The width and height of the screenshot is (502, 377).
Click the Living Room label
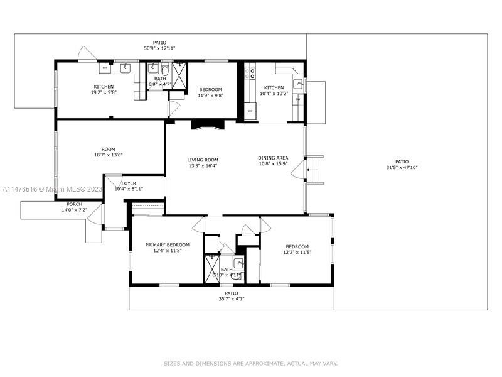pyautogui.click(x=203, y=160)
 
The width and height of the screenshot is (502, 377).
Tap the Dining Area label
pyautogui.click(x=274, y=158)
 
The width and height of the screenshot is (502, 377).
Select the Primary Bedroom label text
pyautogui.click(x=168, y=245)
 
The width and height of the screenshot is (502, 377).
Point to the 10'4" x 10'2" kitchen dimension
pyautogui.click(x=274, y=94)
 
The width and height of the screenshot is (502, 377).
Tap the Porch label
pyautogui.click(x=74, y=204)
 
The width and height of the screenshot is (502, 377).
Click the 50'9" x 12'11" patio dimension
pyautogui.click(x=159, y=48)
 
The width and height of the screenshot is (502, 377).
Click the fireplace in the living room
pyautogui.click(x=207, y=124)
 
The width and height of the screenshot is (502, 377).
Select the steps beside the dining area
pyautogui.click(x=314, y=168)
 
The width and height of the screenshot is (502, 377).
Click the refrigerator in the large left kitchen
pyautogui.click(x=105, y=67)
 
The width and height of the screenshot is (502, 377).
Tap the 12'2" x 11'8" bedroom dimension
pyautogui.click(x=297, y=252)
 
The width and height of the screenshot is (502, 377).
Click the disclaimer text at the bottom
pyautogui.click(x=250, y=363)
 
